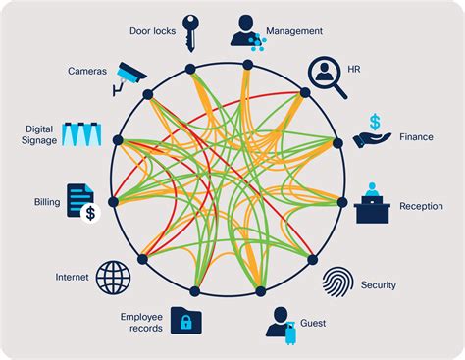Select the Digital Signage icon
(x=81, y=135)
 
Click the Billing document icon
(x=81, y=201)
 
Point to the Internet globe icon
(x=113, y=277)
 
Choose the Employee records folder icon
(x=186, y=321)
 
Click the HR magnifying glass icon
(x=327, y=77)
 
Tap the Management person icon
(x=245, y=31)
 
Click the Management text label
(x=294, y=31)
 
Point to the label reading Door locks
(x=151, y=31)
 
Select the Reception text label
(x=421, y=206)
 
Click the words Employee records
(x=141, y=323)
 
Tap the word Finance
(x=416, y=137)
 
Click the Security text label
(x=378, y=285)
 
